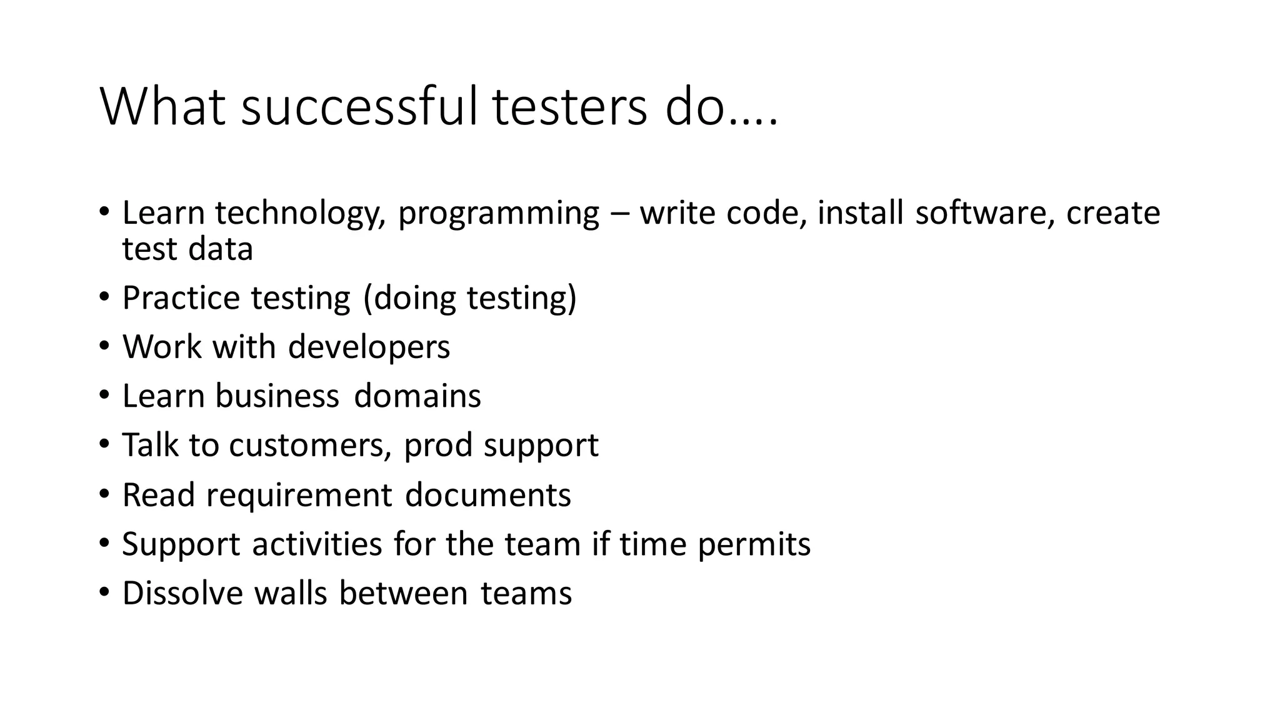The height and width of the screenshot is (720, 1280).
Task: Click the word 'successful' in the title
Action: click(x=359, y=107)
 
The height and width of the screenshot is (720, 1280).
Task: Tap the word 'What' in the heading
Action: click(x=162, y=107)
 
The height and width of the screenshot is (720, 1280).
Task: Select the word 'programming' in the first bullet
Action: click(x=498, y=214)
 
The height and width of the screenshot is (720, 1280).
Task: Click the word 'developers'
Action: click(x=369, y=347)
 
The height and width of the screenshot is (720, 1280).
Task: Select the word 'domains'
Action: click(x=417, y=396)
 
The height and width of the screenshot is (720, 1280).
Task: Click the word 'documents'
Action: click(x=487, y=495)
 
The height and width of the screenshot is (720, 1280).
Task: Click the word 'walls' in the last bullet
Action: click(x=291, y=593)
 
